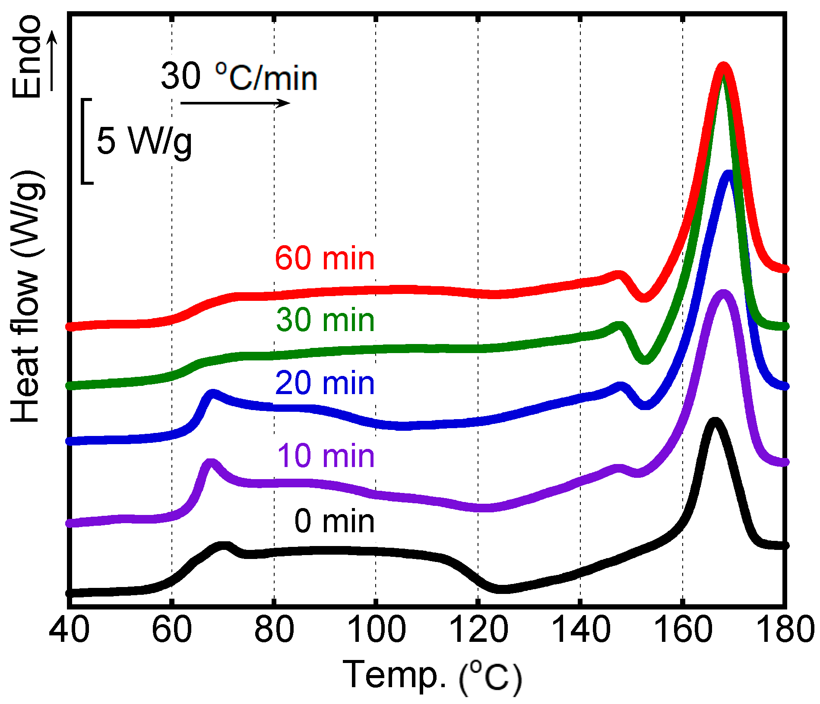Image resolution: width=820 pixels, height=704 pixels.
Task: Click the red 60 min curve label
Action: pyautogui.click(x=325, y=259)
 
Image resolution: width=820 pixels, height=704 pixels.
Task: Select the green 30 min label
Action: pyautogui.click(x=326, y=321)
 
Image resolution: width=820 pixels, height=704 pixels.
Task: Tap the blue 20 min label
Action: pyautogui.click(x=325, y=383)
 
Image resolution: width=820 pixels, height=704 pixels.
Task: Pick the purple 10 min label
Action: pyautogui.click(x=326, y=456)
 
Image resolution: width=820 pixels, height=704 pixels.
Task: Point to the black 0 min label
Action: pyautogui.click(x=334, y=521)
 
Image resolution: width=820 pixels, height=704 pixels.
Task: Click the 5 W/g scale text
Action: pyautogui.click(x=144, y=141)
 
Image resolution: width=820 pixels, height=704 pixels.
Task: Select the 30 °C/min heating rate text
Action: pyautogui.click(x=239, y=77)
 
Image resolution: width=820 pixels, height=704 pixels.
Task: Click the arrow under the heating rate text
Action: pyautogui.click(x=235, y=103)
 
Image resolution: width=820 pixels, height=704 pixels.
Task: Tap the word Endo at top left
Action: pyautogui.click(x=27, y=57)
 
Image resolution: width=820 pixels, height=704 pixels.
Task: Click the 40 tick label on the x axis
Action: pyautogui.click(x=69, y=629)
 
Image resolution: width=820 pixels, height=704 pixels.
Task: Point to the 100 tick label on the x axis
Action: pyautogui.click(x=376, y=629)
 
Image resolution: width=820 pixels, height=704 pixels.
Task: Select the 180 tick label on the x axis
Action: pyautogui.click(x=785, y=629)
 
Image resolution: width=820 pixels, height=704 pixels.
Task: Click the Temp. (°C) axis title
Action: pyautogui.click(x=432, y=676)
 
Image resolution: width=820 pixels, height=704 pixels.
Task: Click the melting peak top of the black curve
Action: pyautogui.click(x=715, y=422)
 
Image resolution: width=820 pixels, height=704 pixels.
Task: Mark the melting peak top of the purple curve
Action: pyautogui.click(x=722, y=294)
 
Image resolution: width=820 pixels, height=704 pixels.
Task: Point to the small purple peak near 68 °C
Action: pyautogui.click(x=211, y=463)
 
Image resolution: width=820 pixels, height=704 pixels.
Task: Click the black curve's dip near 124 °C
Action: pyautogui.click(x=501, y=589)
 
